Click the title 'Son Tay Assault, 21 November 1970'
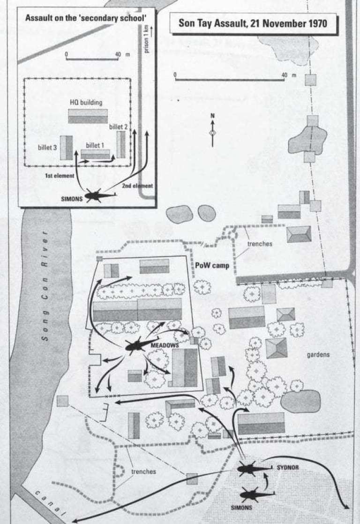[x=253, y=23]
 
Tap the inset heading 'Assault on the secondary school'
[x=86, y=18]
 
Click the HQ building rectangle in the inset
[x=88, y=116]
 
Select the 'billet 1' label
[x=95, y=145]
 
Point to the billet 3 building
[x=66, y=147]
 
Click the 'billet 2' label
[x=118, y=127]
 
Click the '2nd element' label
[x=137, y=186]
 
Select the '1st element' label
[x=60, y=176]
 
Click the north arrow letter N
[x=213, y=116]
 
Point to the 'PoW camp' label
[x=212, y=266]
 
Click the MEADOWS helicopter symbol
[x=139, y=346]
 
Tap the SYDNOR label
[x=288, y=467]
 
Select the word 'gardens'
[x=318, y=355]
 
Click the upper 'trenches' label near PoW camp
[x=260, y=244]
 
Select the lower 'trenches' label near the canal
[x=144, y=472]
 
